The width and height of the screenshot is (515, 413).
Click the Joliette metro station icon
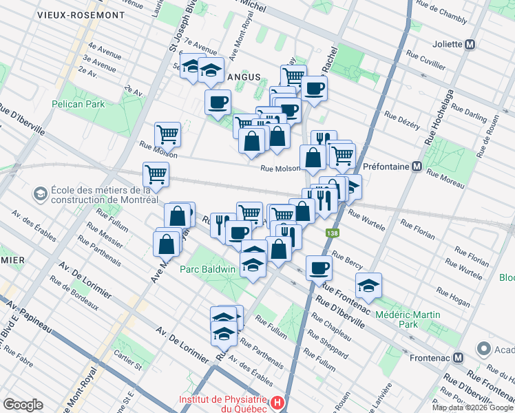pos(471,44)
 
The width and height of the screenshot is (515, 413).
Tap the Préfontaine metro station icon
pos(417,166)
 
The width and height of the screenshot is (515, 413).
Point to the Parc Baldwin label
pos(208,268)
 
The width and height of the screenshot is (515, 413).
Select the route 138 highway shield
pos(333,234)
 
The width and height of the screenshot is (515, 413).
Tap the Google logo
pos(23,405)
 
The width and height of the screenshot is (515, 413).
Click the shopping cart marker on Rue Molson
pos(167,133)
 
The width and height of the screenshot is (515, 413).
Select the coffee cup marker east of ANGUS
pos(314,88)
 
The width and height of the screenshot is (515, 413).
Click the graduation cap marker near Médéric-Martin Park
pos(368,285)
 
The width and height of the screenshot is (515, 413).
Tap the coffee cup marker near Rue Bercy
pos(319,266)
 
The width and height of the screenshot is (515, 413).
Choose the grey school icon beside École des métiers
pos(40,194)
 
